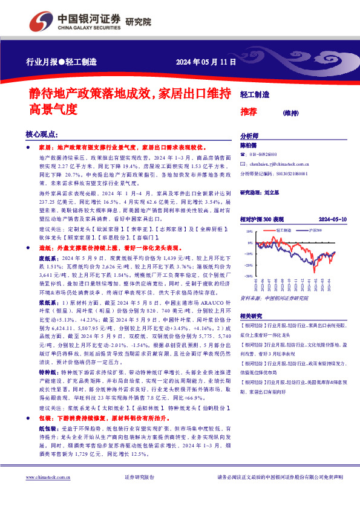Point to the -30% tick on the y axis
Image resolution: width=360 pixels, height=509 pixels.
249,276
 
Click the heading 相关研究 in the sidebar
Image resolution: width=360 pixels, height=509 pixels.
250,316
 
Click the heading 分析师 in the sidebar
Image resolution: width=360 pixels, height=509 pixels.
249,136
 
